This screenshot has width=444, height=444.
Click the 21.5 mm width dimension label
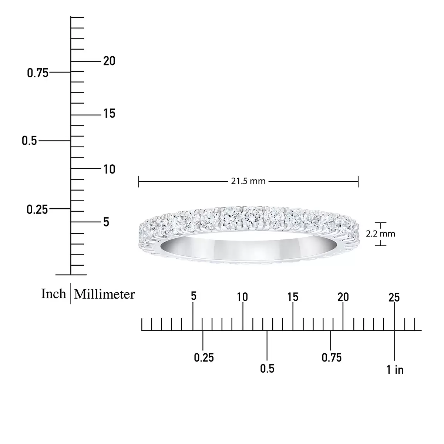pos(248,181)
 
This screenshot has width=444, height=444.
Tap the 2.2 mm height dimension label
pos(380,234)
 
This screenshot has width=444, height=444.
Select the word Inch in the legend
pos(53,294)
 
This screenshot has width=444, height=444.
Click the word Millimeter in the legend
pos(104,294)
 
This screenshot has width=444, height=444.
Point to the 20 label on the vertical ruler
pos(109,61)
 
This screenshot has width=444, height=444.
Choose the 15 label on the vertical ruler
pos(110,114)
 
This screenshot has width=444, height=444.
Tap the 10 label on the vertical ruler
pos(110,169)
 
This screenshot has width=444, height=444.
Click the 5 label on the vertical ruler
pos(106,222)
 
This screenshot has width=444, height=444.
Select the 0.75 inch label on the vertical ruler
pos(38,73)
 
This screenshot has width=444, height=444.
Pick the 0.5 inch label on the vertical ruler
pos(29,141)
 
